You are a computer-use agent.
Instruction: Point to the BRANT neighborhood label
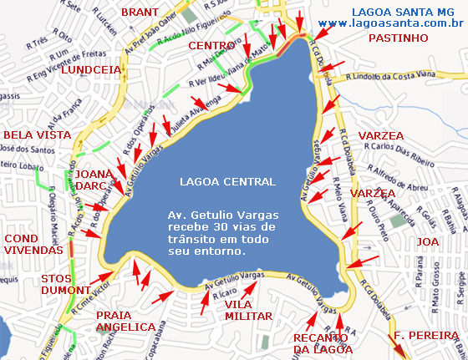[x=140, y=12]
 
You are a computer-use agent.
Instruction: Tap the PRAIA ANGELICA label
[x=126, y=321]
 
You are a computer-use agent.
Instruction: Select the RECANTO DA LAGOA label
[x=323, y=342]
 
